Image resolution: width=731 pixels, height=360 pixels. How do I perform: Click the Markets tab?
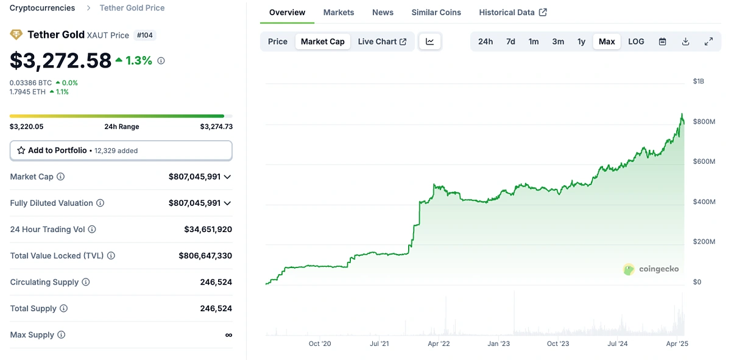point(338,12)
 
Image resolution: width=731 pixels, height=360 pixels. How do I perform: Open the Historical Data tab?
point(512,12)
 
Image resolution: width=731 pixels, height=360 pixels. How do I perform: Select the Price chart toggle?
point(278,41)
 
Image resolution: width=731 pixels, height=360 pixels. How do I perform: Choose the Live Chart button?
point(382,41)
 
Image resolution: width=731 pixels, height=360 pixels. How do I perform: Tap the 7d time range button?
point(510,41)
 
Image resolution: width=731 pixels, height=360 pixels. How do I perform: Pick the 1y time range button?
point(581,41)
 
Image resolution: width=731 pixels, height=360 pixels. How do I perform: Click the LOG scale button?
point(636,41)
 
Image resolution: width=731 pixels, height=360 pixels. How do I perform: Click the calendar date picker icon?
point(663,41)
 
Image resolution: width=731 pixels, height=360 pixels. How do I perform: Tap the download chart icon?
point(685,41)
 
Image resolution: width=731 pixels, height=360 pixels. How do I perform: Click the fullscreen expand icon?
point(708,41)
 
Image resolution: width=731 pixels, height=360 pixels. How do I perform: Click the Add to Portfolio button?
point(121,150)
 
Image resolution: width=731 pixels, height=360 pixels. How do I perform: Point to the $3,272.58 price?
point(61,60)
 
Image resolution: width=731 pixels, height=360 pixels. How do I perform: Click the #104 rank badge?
point(145,35)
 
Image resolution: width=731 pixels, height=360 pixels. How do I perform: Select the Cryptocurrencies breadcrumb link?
point(43,8)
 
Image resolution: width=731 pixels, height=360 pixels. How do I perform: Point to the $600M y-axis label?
point(704,161)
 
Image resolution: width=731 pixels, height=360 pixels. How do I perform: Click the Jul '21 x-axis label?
point(379,344)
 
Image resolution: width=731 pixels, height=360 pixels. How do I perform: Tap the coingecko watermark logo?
point(651,269)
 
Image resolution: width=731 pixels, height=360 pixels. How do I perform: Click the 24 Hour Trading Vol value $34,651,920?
point(208,230)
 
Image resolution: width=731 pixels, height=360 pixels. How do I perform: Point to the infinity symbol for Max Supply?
point(228,335)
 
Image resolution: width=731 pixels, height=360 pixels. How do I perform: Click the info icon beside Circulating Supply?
point(86,282)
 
